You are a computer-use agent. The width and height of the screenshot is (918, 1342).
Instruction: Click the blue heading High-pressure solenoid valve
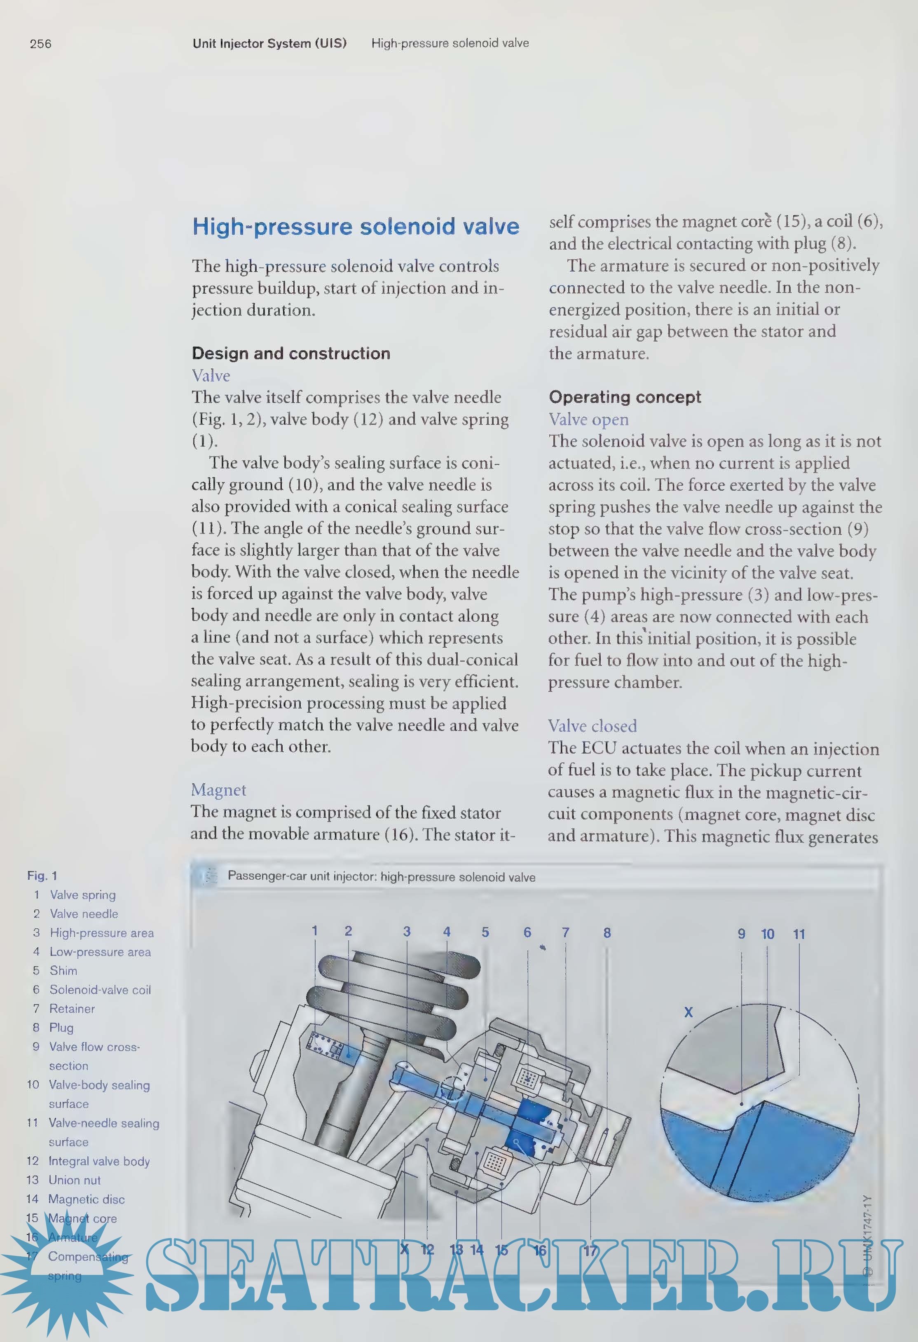click(x=356, y=226)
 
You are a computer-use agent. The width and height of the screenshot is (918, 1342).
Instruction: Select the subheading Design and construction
click(x=291, y=354)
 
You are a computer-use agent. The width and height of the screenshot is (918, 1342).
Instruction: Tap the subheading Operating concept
click(x=625, y=397)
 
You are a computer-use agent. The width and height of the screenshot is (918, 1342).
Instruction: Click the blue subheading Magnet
click(x=218, y=790)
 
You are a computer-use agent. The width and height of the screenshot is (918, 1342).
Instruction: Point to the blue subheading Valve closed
click(x=592, y=726)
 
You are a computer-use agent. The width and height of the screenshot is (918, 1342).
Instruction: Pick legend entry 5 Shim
click(x=62, y=971)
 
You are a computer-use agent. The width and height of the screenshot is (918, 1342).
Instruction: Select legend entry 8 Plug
click(x=61, y=1027)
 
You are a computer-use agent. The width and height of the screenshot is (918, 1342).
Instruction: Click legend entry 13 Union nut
click(x=74, y=1180)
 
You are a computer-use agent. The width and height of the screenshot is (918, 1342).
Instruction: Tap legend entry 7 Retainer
click(x=71, y=1008)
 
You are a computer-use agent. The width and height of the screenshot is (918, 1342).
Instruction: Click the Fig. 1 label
click(x=42, y=876)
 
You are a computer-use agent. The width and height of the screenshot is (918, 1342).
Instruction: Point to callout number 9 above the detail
click(x=741, y=934)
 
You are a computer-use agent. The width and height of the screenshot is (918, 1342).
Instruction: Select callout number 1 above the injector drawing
click(x=315, y=931)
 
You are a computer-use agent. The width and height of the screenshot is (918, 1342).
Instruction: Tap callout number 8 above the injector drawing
click(x=607, y=932)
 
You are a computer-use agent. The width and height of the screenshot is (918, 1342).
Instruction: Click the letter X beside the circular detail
click(x=688, y=1012)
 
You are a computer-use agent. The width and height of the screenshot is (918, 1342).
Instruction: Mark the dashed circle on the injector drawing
click(x=452, y=1089)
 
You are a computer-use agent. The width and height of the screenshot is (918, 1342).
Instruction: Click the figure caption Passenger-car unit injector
click(x=381, y=876)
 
